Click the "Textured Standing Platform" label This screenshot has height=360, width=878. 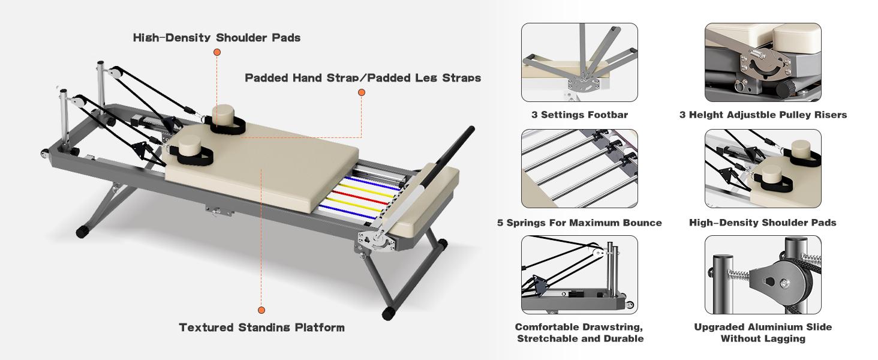tap(261, 328)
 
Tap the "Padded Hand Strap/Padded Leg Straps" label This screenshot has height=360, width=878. tap(363, 78)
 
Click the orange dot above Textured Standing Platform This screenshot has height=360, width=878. tap(261, 310)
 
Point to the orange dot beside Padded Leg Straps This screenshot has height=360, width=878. tap(362, 92)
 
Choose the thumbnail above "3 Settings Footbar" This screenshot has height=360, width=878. tap(579, 62)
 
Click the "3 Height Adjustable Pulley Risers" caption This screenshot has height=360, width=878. tap(763, 115)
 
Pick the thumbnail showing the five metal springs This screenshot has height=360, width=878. tap(579, 169)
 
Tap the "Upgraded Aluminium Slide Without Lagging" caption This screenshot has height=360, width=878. tap(763, 332)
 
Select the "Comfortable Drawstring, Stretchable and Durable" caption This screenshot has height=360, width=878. tap(579, 332)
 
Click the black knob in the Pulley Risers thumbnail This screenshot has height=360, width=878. tap(782, 90)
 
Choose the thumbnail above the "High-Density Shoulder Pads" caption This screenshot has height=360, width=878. tap(763, 169)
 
